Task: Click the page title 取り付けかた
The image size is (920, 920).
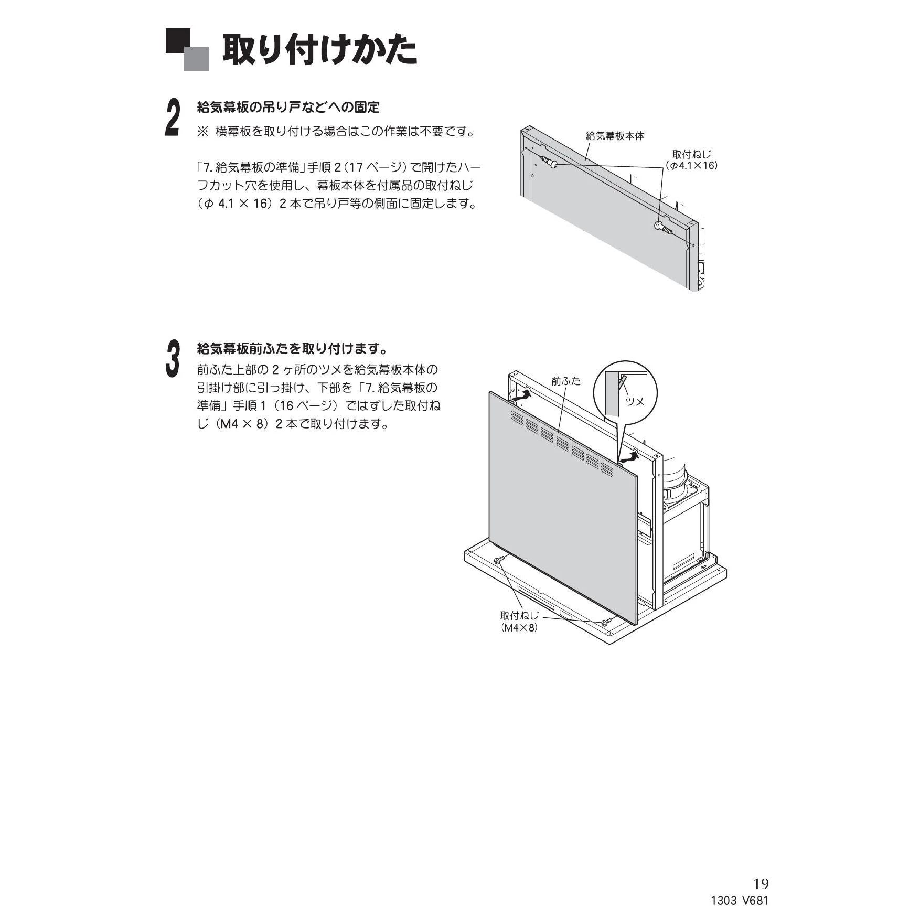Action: point(320,50)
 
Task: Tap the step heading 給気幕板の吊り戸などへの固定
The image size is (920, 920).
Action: point(288,108)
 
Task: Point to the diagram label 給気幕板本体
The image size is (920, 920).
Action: point(615,136)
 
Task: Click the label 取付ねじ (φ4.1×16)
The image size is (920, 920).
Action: point(692,160)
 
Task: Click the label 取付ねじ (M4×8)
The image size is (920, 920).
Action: point(519,622)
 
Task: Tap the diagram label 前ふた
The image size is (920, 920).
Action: point(566,381)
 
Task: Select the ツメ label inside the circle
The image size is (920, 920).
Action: point(635,402)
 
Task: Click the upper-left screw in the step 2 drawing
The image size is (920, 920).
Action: point(548,162)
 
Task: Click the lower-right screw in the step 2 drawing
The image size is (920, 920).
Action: point(665,228)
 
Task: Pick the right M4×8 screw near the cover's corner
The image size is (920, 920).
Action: point(606,622)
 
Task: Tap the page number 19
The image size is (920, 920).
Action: point(761,884)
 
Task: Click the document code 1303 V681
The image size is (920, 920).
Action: point(740,902)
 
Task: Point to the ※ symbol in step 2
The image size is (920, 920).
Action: point(202,131)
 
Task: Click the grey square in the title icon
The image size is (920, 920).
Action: point(196,59)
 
